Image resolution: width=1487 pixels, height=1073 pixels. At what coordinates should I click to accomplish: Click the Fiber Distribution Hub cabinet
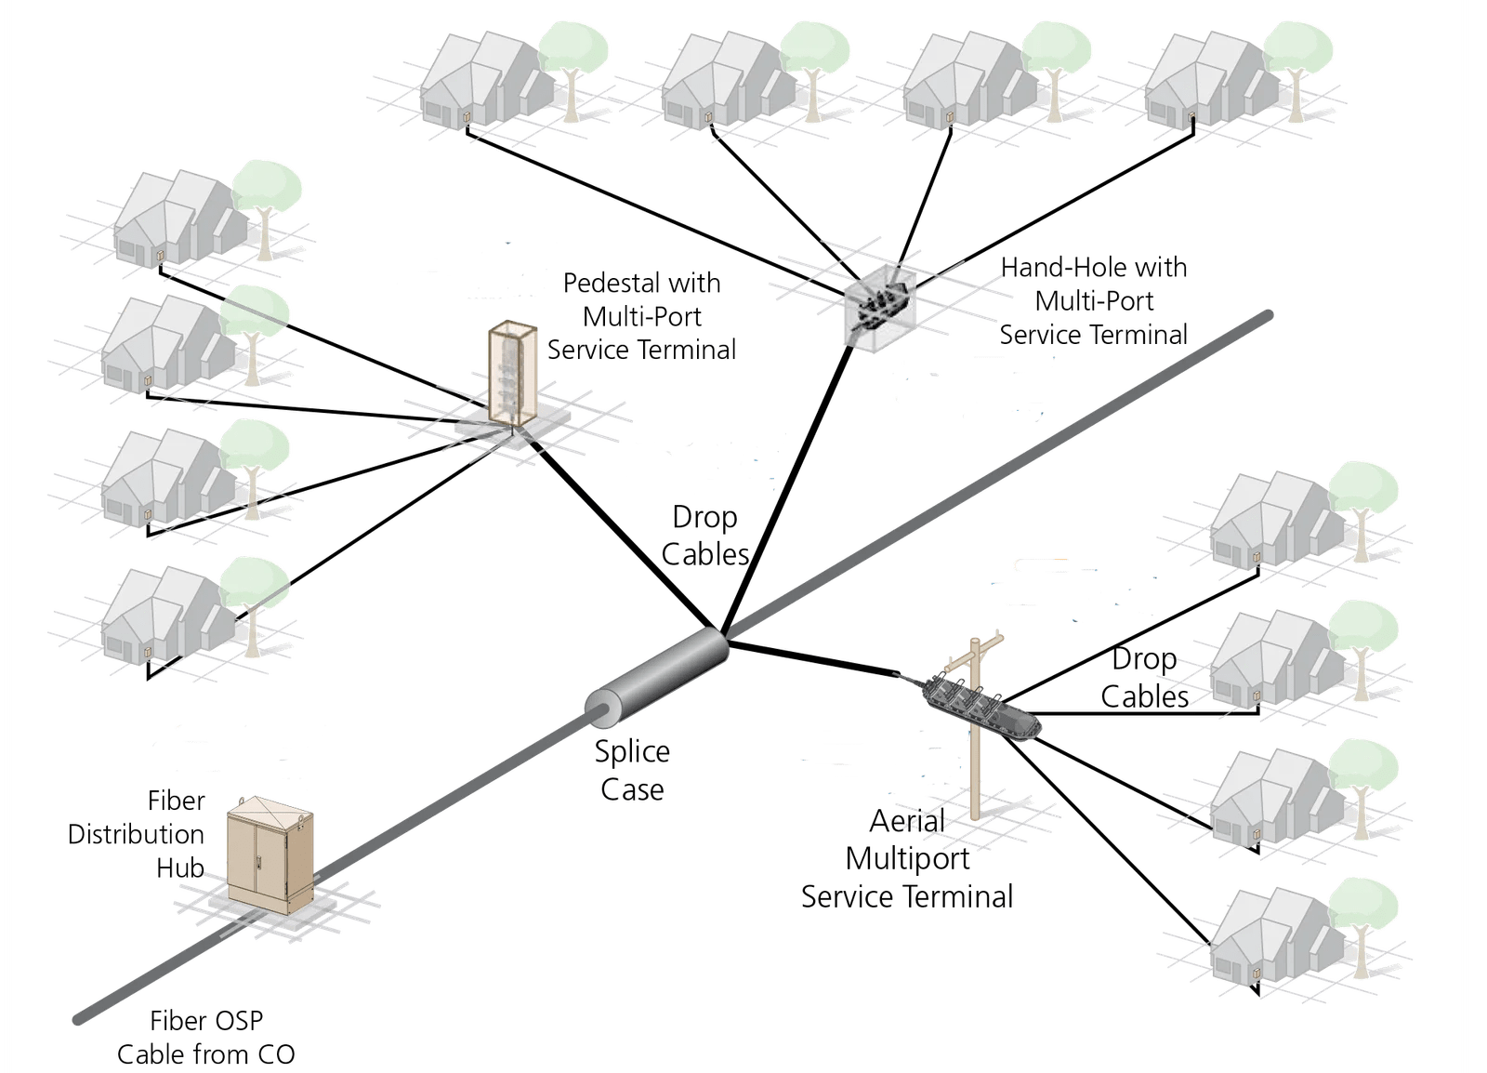coord(270,854)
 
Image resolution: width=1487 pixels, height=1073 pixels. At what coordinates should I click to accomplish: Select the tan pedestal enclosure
coord(512,374)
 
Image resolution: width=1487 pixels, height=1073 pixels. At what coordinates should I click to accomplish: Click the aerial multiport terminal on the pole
coord(981,707)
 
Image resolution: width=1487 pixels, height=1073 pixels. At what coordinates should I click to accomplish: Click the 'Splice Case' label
coord(632,770)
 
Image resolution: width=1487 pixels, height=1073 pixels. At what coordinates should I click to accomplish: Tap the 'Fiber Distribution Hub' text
coord(137,834)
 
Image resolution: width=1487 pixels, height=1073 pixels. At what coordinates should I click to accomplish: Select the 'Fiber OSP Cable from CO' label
coord(205,1037)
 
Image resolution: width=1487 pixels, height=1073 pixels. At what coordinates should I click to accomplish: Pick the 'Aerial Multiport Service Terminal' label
coord(907,859)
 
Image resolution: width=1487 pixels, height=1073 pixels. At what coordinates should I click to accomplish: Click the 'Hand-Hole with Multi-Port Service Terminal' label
coord(1093,300)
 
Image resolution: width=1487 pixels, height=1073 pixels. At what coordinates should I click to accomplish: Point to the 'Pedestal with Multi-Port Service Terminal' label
coord(641,316)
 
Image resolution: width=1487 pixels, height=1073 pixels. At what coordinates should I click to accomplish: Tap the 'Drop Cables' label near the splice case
coord(705,536)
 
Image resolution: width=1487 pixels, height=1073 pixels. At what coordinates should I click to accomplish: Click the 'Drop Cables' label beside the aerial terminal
coord(1144,678)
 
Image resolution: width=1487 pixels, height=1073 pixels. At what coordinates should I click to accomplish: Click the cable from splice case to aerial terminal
coord(813,658)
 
